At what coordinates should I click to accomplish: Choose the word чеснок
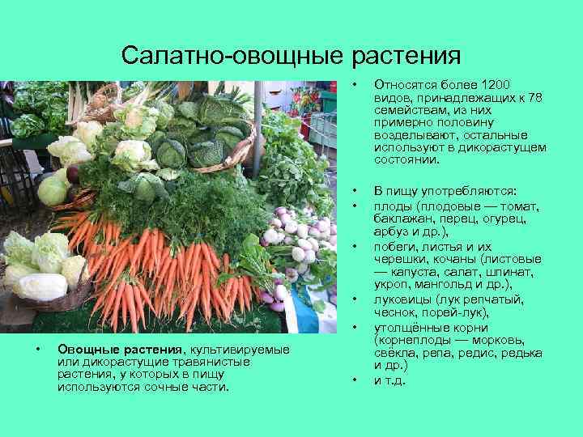coord(394,312)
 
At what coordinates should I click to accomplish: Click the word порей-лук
coord(453,312)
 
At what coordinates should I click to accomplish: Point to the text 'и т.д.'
coord(389,380)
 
